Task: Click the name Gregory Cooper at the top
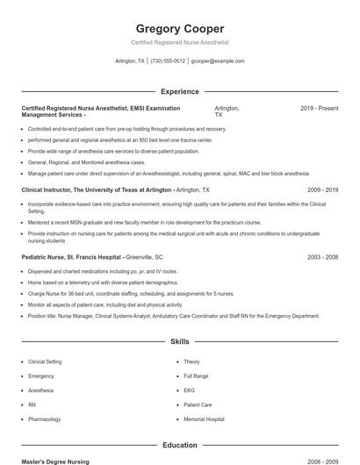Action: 179,28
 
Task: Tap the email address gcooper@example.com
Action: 218,61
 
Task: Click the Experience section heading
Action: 179,91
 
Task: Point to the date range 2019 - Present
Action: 319,108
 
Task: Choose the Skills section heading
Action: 179,341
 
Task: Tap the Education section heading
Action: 179,446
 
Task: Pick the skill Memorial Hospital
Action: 203,419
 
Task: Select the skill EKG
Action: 189,390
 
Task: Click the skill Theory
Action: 191,361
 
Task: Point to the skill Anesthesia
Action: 40,390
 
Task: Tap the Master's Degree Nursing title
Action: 55,461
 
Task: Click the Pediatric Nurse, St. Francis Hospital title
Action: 71,258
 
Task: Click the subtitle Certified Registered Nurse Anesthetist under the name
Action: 179,41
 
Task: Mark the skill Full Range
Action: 196,376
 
